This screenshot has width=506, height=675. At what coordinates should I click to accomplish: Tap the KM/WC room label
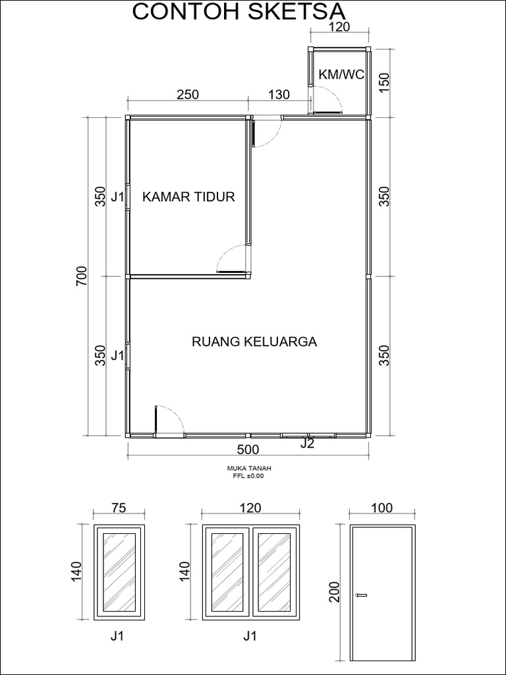tap(341, 74)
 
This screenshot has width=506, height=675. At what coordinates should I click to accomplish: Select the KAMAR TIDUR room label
tap(188, 196)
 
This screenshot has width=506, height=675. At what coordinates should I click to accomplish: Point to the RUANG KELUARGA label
tap(254, 341)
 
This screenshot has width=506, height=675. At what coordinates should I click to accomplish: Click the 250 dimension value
tap(188, 94)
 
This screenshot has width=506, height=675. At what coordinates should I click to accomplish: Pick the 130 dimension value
tap(279, 94)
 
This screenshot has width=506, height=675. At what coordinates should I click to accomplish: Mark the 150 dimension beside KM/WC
tap(385, 83)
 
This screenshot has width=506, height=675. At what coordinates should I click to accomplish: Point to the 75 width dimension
tap(119, 508)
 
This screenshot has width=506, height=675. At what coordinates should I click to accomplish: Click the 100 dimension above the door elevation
tap(381, 508)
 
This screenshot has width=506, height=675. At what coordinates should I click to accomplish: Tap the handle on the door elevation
tap(360, 596)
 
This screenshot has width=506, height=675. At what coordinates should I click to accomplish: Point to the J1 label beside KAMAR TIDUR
tap(117, 197)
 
